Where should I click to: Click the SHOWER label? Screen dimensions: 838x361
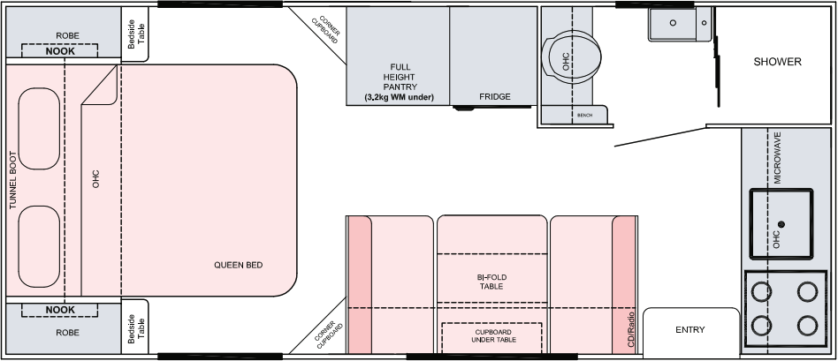[x=777, y=62]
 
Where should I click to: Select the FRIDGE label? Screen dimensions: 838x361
[x=494, y=97]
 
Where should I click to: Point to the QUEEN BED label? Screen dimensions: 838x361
[x=239, y=265]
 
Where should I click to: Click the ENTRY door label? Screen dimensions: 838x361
[x=690, y=330]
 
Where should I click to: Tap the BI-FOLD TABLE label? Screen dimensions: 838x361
[x=491, y=282]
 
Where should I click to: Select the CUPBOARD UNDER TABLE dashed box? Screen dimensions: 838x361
[x=491, y=337]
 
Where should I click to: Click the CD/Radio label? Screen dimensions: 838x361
[x=630, y=329]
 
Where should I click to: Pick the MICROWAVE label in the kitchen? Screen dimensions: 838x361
[x=777, y=158]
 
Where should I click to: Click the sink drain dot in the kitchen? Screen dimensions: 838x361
[x=781, y=224]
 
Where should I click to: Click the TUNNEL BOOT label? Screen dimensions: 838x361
[x=13, y=180]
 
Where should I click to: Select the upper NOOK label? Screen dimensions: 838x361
[x=60, y=51]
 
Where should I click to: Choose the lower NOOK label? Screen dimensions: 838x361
[x=60, y=310]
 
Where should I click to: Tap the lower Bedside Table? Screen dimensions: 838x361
[x=135, y=327]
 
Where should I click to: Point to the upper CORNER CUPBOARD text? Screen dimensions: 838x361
[x=325, y=30]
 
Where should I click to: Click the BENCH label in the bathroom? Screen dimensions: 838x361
[x=584, y=116]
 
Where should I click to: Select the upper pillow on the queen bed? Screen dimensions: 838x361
[x=39, y=128]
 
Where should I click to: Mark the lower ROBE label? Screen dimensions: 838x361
[x=67, y=332]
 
